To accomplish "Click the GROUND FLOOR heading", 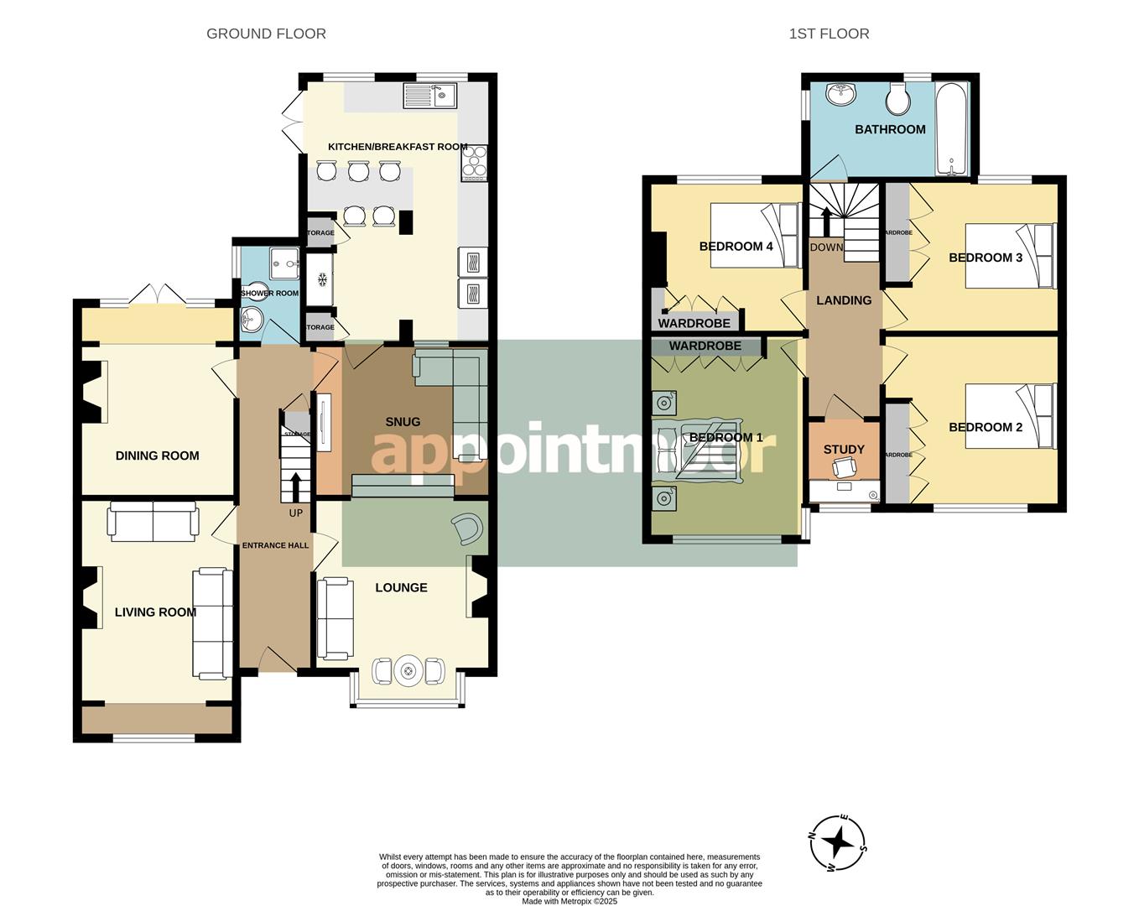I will click(x=266, y=34).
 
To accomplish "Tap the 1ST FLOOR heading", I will click(x=829, y=34).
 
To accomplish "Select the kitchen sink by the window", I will click(x=429, y=95).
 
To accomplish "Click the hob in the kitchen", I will click(x=474, y=164).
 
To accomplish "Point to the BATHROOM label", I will click(x=890, y=129).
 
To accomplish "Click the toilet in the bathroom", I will click(x=899, y=101).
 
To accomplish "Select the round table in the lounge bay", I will click(x=408, y=671).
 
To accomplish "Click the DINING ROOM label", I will click(x=157, y=456).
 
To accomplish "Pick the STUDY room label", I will click(x=843, y=450).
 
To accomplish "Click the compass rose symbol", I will click(x=838, y=841).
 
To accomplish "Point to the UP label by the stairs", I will click(x=295, y=513).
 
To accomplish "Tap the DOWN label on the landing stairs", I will click(x=826, y=247).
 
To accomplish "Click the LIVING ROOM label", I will click(x=155, y=612).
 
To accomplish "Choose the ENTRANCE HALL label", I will click(x=275, y=545).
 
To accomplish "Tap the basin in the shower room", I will click(x=251, y=318).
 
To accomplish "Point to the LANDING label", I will click(x=844, y=300).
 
